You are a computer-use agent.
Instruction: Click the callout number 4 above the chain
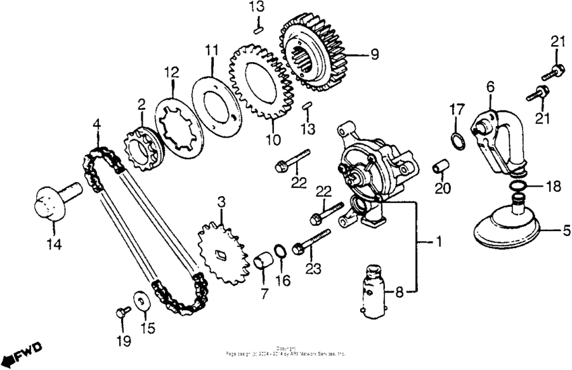97,124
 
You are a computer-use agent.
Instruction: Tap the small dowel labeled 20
441,164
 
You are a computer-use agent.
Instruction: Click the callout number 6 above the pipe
490,86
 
